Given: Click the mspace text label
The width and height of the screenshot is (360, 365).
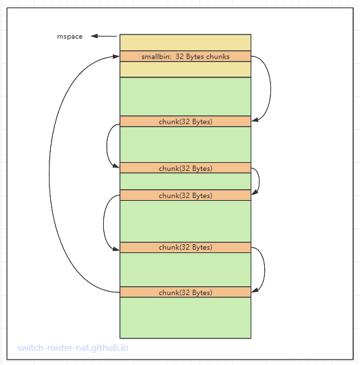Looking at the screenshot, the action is [x=70, y=37].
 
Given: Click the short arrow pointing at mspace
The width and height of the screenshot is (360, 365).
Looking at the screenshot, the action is [x=104, y=36].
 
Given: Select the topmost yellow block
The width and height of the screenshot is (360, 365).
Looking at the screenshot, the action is [x=185, y=42].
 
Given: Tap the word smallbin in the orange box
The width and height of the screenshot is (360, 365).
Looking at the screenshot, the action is [x=156, y=56].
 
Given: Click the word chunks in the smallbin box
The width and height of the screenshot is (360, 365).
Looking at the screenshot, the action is [x=218, y=56].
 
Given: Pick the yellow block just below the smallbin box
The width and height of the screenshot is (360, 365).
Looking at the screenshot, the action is [x=185, y=69].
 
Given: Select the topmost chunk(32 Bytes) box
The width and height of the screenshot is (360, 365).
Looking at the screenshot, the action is [x=185, y=121].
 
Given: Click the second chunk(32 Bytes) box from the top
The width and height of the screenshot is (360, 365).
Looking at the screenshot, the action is [x=185, y=168].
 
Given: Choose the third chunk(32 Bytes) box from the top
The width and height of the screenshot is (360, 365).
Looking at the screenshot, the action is [x=185, y=195].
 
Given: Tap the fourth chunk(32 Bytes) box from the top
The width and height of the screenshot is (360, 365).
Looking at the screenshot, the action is [x=185, y=247].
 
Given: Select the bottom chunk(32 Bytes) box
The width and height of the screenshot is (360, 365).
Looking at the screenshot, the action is [x=185, y=292].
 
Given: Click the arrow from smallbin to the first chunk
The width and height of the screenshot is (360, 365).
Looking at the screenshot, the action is [x=271, y=88].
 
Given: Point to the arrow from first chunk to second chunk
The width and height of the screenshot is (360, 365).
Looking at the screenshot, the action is [x=107, y=145].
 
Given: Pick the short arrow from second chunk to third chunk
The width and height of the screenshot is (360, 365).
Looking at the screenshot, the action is [x=259, y=180].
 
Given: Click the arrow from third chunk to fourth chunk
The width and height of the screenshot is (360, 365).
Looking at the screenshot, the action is [x=104, y=223].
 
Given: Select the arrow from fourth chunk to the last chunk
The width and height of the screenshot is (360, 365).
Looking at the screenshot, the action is [x=265, y=270].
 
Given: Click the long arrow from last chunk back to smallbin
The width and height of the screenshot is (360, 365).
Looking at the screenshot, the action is [x=49, y=174].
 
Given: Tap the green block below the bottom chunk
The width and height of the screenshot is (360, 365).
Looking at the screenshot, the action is [x=185, y=318].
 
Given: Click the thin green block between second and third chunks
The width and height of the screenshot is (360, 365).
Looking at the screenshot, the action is [x=185, y=181].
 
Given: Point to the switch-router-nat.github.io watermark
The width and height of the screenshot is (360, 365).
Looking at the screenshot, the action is [x=73, y=348].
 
